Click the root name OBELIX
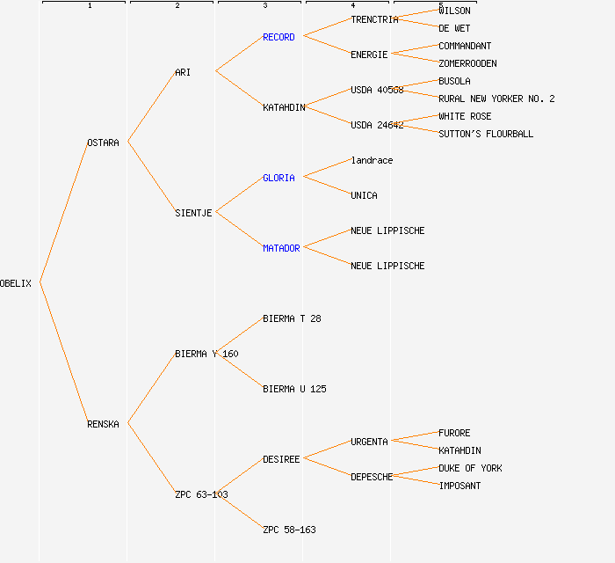[16, 283]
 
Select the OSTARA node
[103, 143]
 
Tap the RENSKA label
[103, 424]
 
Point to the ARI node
[183, 72]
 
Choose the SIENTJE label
[193, 213]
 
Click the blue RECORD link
[279, 37]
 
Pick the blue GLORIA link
[279, 178]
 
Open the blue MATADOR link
[281, 248]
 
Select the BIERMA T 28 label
[292, 318]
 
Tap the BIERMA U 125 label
[294, 389]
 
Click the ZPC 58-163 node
[289, 530]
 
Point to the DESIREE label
[281, 459]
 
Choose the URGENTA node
[369, 442]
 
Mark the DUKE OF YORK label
[470, 468]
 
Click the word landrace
[372, 160]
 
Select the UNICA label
[364, 195]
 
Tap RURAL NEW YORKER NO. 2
[496, 99]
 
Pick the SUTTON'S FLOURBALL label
[486, 134]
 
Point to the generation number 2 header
[177, 6]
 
